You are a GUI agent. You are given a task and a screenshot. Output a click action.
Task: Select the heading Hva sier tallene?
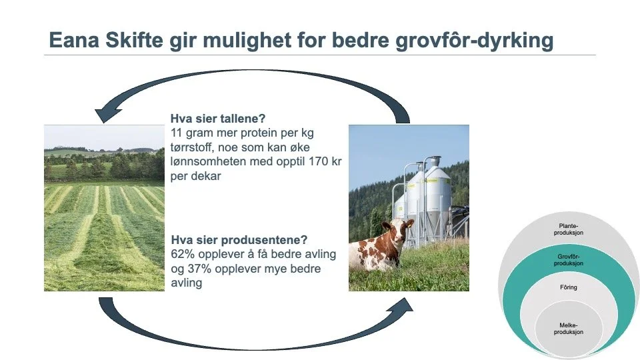point(218,120)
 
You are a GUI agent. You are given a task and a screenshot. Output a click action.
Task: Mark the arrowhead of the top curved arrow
point(104,115)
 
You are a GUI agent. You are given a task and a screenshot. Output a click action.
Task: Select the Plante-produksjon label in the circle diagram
point(570,230)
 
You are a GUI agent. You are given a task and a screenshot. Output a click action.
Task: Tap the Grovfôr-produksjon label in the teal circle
point(570,260)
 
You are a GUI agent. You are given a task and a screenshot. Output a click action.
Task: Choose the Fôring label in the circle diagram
point(569,288)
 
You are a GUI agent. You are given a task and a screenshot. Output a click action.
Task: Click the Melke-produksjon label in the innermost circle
point(569,328)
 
